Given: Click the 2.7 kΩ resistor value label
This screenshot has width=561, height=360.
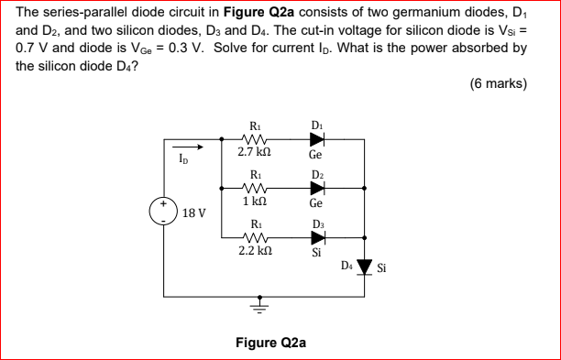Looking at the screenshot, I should [253, 155].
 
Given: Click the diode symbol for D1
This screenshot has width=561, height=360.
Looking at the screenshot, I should [316, 139].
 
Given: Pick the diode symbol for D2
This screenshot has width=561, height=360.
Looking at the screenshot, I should [316, 187].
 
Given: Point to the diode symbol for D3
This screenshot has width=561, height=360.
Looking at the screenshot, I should [316, 235].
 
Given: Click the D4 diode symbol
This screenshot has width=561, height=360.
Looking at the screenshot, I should [365, 267].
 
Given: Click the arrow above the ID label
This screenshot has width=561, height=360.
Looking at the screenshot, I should [187, 144].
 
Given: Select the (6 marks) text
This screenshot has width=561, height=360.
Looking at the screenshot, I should [498, 83].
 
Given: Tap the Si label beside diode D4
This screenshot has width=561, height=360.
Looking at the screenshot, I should [382, 267].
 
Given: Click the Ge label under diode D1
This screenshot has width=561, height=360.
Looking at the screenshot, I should [315, 156].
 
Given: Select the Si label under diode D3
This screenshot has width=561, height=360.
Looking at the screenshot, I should [315, 252].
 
